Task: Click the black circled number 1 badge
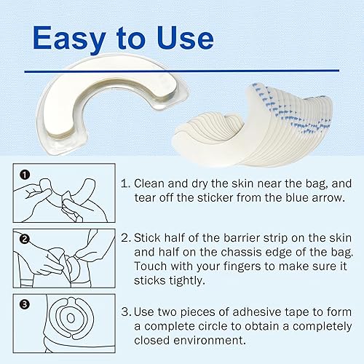(x=25, y=175)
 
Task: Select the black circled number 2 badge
(x=25, y=237)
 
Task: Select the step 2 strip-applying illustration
(x=66, y=260)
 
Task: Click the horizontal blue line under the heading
(x=182, y=71)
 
